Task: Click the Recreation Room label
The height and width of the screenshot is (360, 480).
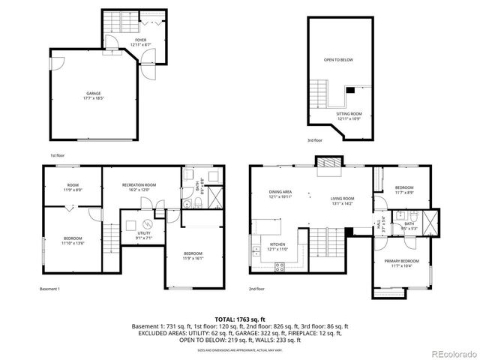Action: coord(139,187)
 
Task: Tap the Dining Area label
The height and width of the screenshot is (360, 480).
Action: coord(280,194)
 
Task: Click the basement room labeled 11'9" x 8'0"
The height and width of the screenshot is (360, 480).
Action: coord(73,187)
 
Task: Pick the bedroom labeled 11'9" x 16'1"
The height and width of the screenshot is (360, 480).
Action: coord(193,256)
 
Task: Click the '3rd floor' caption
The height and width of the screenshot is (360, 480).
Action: coord(315,139)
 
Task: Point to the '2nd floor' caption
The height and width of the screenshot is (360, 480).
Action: coord(258,289)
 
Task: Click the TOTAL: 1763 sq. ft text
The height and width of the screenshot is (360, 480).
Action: coord(241,319)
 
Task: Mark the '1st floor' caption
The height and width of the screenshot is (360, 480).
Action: coord(58,155)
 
